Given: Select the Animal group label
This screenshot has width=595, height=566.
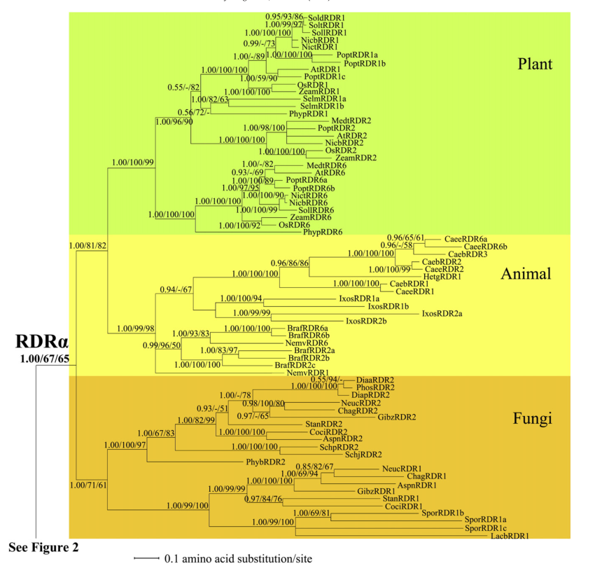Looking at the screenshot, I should pyautogui.click(x=526, y=273).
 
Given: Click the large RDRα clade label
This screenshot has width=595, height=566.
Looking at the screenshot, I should pyautogui.click(x=41, y=342).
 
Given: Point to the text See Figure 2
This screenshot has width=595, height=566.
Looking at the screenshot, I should pyautogui.click(x=43, y=546).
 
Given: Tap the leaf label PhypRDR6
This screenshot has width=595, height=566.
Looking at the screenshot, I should pyautogui.click(x=323, y=232).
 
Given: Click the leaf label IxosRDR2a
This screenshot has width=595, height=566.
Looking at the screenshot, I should pyautogui.click(x=442, y=313).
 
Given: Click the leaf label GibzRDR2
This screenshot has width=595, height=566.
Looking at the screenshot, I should pyautogui.click(x=397, y=417).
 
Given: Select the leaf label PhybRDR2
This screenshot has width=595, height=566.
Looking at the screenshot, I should pyautogui.click(x=265, y=462).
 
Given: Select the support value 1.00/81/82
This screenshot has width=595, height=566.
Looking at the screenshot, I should pyautogui.click(x=87, y=245).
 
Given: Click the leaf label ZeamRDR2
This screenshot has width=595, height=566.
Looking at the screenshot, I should pyautogui.click(x=356, y=158).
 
